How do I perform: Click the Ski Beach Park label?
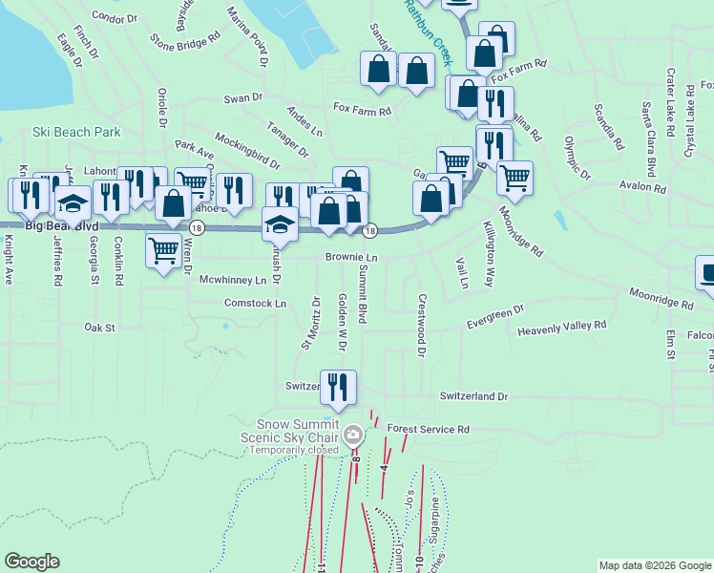click(76, 132)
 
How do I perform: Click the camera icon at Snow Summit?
click(353, 435)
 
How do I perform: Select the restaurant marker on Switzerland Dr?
click(338, 387)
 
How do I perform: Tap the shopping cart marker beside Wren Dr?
click(163, 251)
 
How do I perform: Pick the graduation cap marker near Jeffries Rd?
click(73, 203)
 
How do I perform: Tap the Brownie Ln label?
click(351, 258)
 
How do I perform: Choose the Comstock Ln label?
click(255, 304)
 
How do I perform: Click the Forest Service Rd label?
click(430, 431)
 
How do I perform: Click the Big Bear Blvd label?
click(61, 226)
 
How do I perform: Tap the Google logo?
click(31, 562)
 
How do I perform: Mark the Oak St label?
click(99, 328)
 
